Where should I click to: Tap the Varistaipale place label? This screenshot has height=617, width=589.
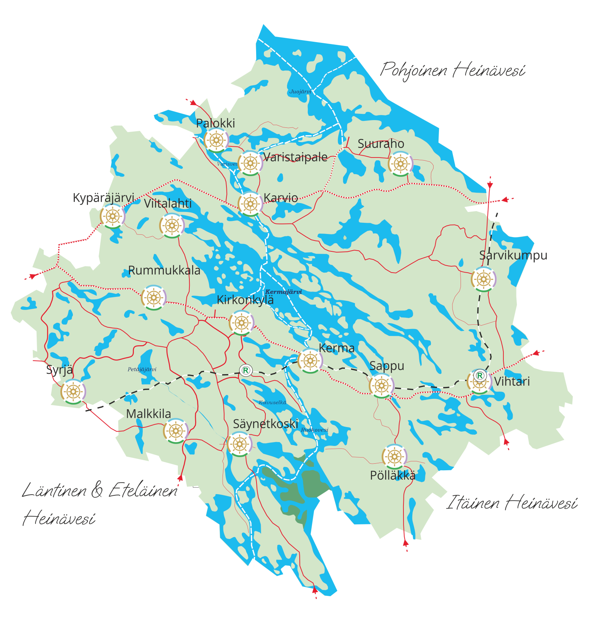coord(295,157)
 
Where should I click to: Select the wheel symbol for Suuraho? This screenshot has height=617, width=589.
coord(400,164)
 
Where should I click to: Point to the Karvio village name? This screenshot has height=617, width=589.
coord(281,198)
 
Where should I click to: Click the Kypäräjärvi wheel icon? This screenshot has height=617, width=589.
coord(112,216)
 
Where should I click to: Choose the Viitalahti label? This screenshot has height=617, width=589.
coord(168,203)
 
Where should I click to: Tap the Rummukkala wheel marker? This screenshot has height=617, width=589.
coord(154,298)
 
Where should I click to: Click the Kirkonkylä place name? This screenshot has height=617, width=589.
coord(245,300)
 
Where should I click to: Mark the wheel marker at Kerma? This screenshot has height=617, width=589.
coord(310,361)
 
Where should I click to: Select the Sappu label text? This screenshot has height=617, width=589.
coord(386,366)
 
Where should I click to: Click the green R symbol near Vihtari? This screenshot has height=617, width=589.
coord(480,375)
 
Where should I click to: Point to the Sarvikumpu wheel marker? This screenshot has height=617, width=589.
coord(483,279)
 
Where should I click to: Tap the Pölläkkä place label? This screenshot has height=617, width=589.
coord(393,475)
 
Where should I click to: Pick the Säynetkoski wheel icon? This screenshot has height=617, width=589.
coord(240,444)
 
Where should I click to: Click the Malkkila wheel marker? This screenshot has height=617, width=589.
coord(176,431)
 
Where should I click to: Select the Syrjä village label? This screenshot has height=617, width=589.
coord(59,370)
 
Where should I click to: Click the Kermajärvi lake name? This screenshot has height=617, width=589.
coord(283,292)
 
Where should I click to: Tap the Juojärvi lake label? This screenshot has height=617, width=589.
coord(300,92)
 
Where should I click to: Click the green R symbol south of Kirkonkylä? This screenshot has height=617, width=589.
coord(246,370)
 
